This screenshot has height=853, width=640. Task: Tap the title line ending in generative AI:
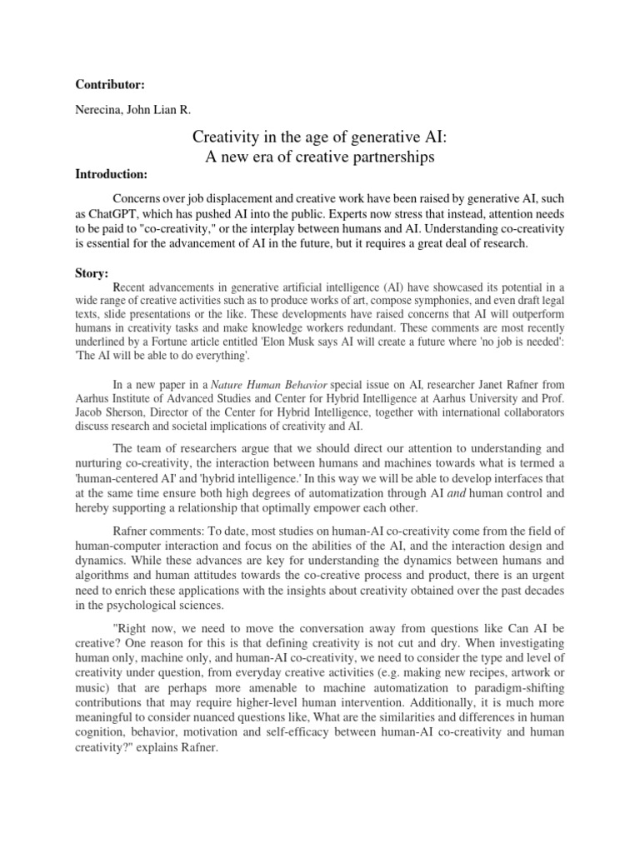[320, 137]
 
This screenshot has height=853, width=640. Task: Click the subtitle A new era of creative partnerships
[320, 157]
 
